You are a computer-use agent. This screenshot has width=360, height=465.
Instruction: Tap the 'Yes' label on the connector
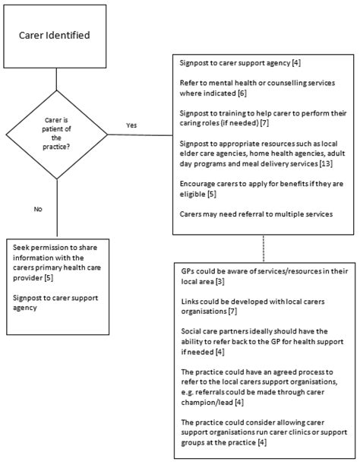tap(132, 125)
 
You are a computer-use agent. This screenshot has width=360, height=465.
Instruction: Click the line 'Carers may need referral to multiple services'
tap(257, 214)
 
